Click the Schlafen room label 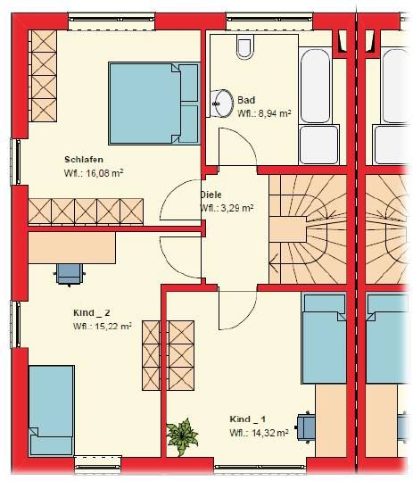(84, 160)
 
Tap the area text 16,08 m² (104, 173)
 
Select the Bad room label (246, 100)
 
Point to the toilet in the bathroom (245, 46)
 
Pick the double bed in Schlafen (154, 104)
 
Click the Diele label (211, 195)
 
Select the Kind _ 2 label (91, 313)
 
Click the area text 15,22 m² (113, 326)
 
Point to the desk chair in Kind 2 (70, 275)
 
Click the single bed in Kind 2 (52, 411)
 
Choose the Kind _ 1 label (248, 419)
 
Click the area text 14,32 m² (269, 433)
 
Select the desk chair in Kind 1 (305, 427)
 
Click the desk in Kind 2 (72, 247)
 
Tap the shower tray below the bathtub (319, 145)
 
